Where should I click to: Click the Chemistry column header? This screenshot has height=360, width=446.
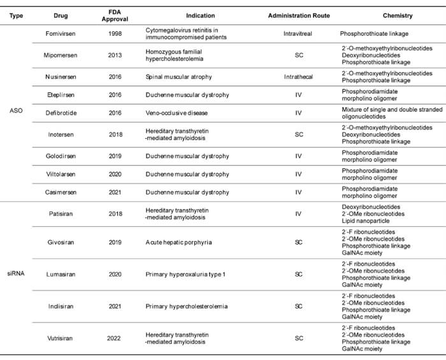point(397,15)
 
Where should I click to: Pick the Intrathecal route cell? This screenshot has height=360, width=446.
point(299,77)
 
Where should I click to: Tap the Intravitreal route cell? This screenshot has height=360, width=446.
point(299,33)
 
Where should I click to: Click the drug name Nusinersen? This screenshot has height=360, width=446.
point(62,77)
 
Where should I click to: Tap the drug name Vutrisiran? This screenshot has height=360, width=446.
point(62,338)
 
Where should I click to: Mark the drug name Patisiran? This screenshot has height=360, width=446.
point(61,215)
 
